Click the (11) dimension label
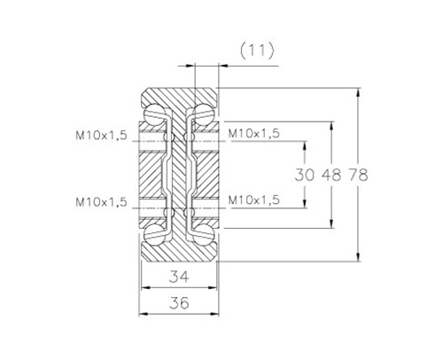(x=257, y=51)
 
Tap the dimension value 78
(x=359, y=175)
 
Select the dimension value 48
(x=331, y=175)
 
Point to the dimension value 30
(x=305, y=175)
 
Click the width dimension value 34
(x=179, y=277)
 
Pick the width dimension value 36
(x=179, y=303)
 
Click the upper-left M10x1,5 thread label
(x=101, y=136)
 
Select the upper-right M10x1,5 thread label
(x=254, y=134)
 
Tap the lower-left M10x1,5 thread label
(x=101, y=202)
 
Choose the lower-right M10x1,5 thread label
(x=254, y=200)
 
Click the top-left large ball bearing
(x=154, y=113)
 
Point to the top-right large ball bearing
(x=203, y=113)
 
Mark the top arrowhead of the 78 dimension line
(x=358, y=92)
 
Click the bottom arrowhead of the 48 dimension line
(x=331, y=223)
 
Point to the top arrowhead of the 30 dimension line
(x=305, y=146)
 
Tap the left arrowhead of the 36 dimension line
(x=144, y=314)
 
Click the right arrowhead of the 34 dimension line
(x=213, y=287)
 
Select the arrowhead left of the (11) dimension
(x=191, y=66)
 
